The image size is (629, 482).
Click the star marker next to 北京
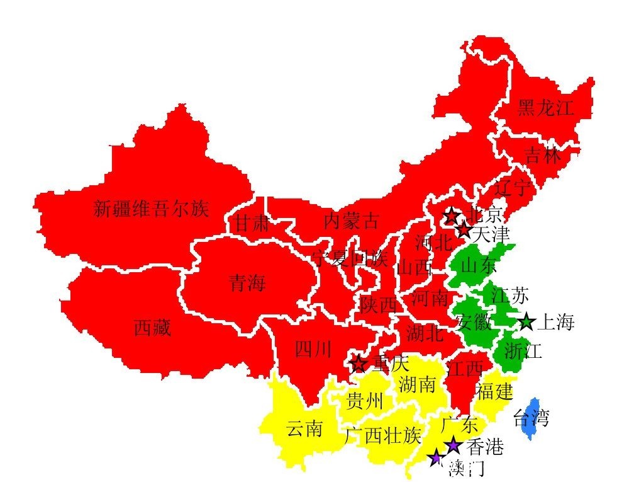click(x=451, y=216)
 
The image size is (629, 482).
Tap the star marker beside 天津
click(x=464, y=231)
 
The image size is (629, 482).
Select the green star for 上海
click(x=526, y=323)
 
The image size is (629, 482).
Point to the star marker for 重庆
click(x=359, y=364)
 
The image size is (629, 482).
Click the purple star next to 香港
click(x=453, y=446)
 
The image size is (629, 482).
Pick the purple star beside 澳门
click(x=435, y=458)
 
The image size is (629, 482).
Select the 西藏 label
click(x=152, y=328)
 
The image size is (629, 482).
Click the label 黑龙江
click(x=546, y=108)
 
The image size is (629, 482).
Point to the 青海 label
click(x=247, y=284)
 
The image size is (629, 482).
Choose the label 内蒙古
click(x=352, y=221)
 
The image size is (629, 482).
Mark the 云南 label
click(x=304, y=430)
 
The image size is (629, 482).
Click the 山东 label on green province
click(x=479, y=266)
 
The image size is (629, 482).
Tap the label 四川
click(x=313, y=349)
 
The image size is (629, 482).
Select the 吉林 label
click(x=543, y=155)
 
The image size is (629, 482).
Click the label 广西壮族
click(x=382, y=435)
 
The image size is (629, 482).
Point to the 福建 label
click(x=494, y=391)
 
